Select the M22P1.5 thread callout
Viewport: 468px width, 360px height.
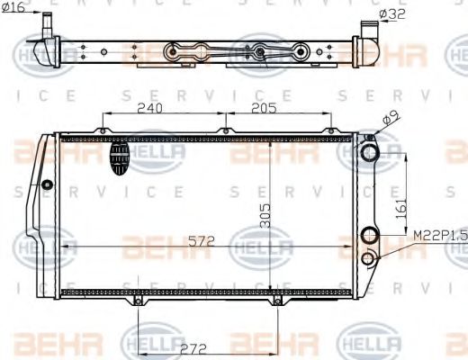click(x=438, y=236)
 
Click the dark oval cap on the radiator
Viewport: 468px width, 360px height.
click(x=120, y=160)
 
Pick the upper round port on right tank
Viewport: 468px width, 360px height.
click(x=369, y=153)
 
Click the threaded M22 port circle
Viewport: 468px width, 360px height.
click(x=368, y=260)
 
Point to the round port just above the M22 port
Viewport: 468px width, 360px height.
click(x=368, y=237)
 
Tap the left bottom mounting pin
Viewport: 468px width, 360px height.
click(x=137, y=303)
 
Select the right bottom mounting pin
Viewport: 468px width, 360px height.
click(x=274, y=303)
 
